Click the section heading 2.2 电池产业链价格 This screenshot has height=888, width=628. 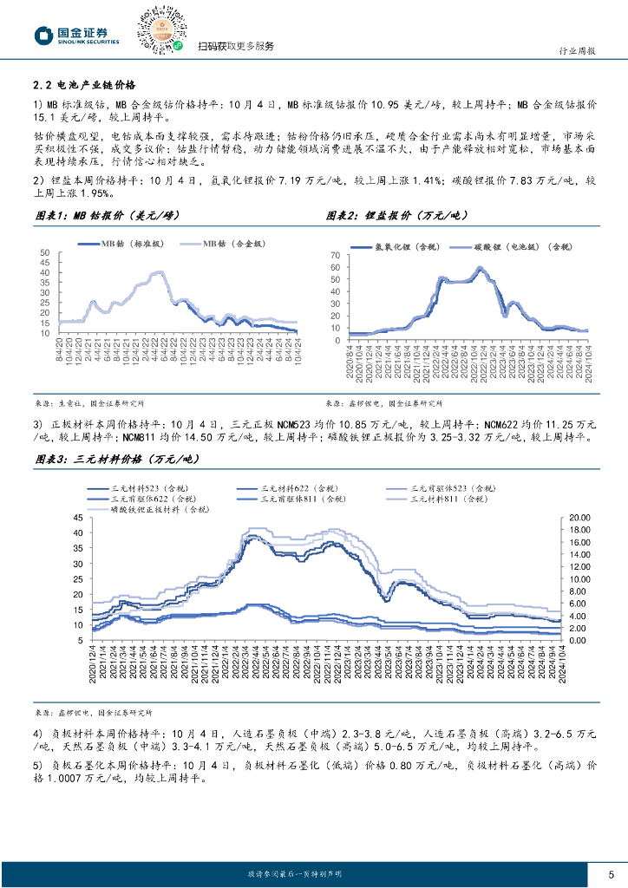84,85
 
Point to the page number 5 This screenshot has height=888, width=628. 612,873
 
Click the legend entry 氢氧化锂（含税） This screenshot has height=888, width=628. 405,248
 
